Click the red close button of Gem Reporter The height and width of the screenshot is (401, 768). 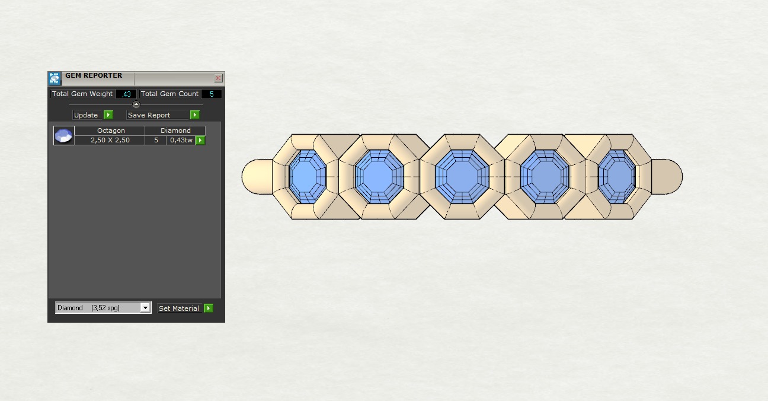pos(218,78)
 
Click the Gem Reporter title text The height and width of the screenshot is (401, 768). pos(94,76)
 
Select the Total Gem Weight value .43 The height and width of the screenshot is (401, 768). pos(126,94)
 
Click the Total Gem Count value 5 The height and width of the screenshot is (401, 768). pos(212,94)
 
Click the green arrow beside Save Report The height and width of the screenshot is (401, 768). pos(195,115)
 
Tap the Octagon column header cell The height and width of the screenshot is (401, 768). pos(111,131)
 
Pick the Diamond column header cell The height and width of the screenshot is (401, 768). pos(175,131)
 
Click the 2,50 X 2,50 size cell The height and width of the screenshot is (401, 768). pos(110,141)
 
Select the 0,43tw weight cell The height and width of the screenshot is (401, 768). pos(181,141)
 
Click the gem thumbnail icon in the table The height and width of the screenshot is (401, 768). pos(63,136)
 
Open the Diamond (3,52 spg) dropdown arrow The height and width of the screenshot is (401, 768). pos(145,308)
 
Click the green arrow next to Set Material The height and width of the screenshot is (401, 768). pos(208,308)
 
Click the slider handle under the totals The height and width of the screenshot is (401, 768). pos(136,104)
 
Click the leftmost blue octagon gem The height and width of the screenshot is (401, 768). pos(306,177)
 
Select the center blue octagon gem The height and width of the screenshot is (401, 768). pos(462,177)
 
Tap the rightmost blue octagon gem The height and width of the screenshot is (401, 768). pos(617,177)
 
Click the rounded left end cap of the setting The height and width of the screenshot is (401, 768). pos(256,177)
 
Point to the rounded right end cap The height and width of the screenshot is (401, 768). pos(667,177)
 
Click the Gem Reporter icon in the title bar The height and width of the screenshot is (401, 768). pos(55,78)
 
